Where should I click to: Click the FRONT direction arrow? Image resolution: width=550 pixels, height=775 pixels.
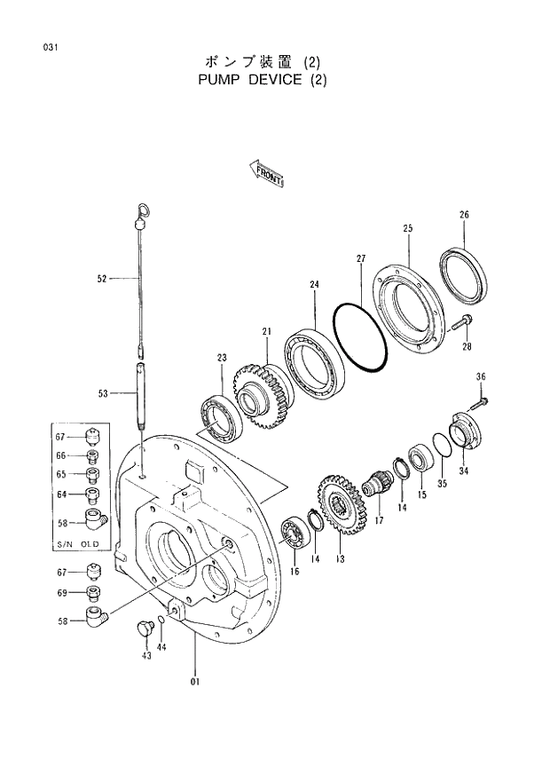(266, 174)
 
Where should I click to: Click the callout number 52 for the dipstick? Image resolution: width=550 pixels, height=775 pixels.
(102, 279)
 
